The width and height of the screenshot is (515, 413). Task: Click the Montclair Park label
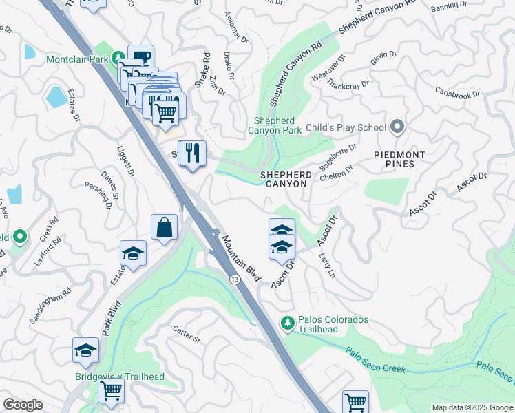pos(77,60)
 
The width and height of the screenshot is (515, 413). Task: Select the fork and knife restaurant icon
pos(191,152)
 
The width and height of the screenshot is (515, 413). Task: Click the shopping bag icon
pos(165,226)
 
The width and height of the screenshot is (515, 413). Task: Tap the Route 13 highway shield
pos(235,279)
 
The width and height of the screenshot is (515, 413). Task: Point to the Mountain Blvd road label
pos(241,258)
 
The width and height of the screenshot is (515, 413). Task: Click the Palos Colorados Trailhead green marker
pos(288,321)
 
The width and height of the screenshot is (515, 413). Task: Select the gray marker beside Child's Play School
pos(397,127)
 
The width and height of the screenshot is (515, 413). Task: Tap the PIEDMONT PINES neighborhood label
pos(399,159)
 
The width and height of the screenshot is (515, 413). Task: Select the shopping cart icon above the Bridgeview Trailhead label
pos(111,390)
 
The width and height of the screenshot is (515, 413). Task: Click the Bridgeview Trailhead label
pos(120,377)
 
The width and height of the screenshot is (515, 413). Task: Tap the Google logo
pos(23,405)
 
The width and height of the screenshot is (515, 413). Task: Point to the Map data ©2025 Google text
pos(472,407)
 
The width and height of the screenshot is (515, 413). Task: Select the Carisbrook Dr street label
pos(459,93)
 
